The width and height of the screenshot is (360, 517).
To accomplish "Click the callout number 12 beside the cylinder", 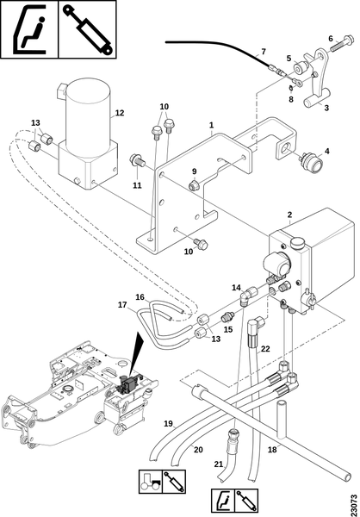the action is point(120,113).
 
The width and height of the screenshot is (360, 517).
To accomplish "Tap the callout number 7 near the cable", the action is point(263,52).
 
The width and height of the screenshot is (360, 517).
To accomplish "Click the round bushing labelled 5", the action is point(301,69).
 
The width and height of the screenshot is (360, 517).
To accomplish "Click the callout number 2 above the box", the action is point(289,215).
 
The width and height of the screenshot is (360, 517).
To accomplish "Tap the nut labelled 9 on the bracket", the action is point(194,185).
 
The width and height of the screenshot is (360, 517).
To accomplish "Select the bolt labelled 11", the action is point(138,161).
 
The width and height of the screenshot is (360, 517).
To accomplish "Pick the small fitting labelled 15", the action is point(228,317).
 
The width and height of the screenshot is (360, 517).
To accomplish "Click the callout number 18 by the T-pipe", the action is point(272,450).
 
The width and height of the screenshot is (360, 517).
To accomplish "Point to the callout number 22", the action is point(265,348).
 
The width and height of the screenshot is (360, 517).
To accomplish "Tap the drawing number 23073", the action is point(354,503).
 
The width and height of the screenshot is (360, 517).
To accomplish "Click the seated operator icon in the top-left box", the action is point(29,29).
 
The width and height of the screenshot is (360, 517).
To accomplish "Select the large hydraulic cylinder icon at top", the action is point(88,29).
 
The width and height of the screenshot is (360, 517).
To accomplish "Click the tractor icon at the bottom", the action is point(151,482).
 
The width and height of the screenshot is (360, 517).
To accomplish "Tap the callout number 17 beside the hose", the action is point(122,305).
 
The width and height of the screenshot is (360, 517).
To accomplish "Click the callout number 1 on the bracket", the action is point(211,125).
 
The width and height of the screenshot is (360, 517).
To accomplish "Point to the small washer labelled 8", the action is point(290,89).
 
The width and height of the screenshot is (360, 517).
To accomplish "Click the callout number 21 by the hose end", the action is point(219,464).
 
